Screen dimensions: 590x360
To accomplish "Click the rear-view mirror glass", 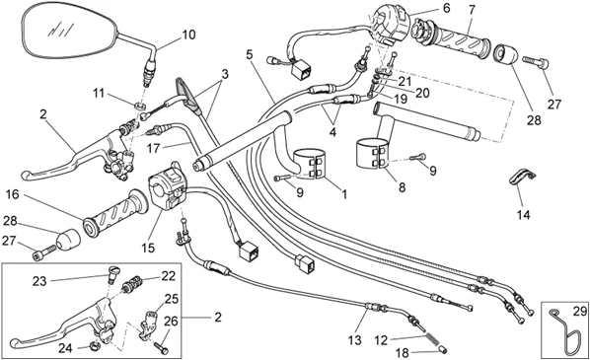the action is point(71,31).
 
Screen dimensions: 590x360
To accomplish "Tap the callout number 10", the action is point(188,35).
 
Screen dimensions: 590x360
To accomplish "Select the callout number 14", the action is point(523,215).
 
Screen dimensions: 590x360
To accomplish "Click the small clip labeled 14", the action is point(522,177).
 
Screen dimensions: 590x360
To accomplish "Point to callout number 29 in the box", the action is point(579,311).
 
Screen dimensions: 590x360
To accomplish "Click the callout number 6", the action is point(446,8).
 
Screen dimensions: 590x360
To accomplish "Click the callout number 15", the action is point(148,248).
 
